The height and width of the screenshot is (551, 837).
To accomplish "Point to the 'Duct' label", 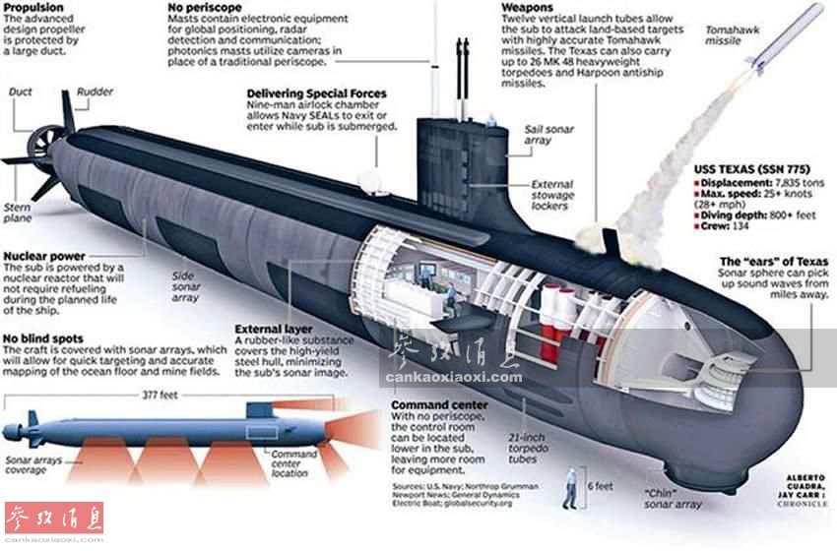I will point(20,92).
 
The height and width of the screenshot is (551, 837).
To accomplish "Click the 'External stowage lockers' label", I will point(552,195).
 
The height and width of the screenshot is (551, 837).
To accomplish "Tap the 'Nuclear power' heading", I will point(43,256).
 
